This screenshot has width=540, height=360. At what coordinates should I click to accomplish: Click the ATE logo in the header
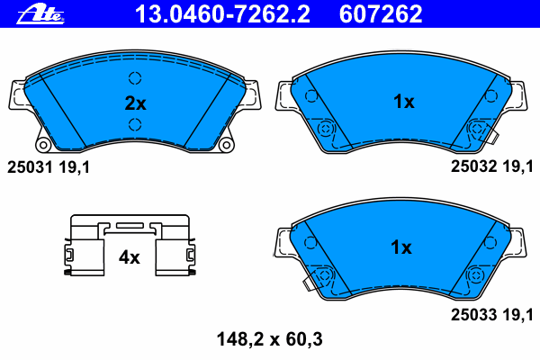pyautogui.click(x=40, y=14)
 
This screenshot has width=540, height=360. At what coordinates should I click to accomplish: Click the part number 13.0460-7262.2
pyautogui.click(x=222, y=14)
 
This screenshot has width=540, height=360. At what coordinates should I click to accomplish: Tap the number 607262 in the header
pyautogui.click(x=381, y=14)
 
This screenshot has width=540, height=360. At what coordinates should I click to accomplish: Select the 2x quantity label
pyautogui.click(x=135, y=103)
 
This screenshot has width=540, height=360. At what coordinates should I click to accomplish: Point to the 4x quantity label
pyautogui.click(x=129, y=257)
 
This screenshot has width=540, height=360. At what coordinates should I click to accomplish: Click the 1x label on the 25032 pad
pyautogui.click(x=403, y=102)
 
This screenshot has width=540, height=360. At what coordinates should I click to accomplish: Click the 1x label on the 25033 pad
pyautogui.click(x=401, y=247)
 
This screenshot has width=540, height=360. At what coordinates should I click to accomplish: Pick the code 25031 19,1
pyautogui.click(x=49, y=167)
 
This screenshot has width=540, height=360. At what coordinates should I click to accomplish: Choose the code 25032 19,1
pyautogui.click(x=492, y=166)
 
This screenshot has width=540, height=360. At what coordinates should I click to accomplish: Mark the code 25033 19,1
pyautogui.click(x=492, y=315)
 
